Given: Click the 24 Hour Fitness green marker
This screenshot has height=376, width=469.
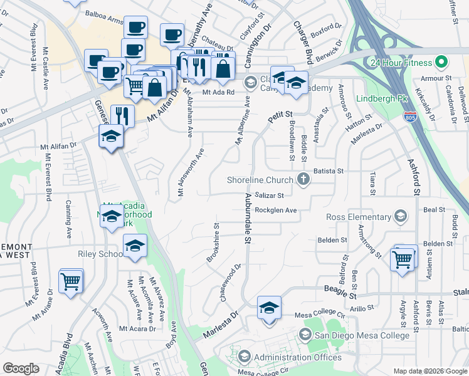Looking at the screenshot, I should click(441, 63).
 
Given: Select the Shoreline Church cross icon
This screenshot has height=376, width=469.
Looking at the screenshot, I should click(303, 180).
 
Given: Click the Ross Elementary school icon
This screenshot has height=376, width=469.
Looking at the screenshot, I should click(400, 217).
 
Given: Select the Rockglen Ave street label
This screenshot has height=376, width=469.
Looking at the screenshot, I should click(275, 210).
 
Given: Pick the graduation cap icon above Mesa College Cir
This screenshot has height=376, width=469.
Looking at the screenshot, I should click(269, 308).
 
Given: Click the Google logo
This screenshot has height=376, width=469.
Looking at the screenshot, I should click(21, 368).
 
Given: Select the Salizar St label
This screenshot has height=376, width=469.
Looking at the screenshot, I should click(270, 196).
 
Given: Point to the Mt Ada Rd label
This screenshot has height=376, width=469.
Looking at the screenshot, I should click(218, 92).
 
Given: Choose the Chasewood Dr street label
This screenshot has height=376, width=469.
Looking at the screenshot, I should click(230, 282).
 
